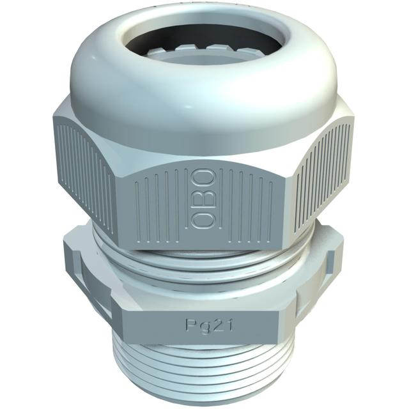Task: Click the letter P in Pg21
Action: click(190, 325)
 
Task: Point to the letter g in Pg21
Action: click(203, 327)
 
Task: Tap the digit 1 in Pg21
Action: click(229, 325)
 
